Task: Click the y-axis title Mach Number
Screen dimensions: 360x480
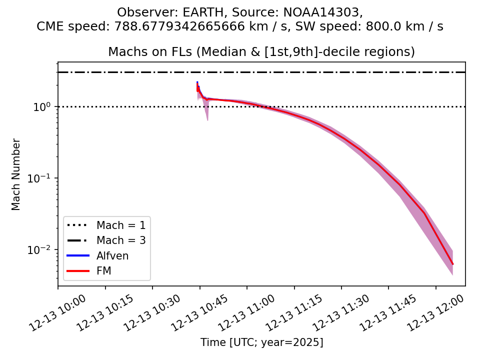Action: point(16,174)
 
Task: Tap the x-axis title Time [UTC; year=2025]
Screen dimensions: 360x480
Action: point(261,342)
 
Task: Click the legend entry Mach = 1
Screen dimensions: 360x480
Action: point(121,225)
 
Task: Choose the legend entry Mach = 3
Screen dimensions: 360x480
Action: point(121,240)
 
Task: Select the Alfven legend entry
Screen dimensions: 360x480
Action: point(112,256)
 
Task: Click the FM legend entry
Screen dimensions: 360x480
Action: point(103,271)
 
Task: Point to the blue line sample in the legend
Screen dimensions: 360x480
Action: point(77,256)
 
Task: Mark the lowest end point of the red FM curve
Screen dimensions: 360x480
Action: point(452,264)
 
